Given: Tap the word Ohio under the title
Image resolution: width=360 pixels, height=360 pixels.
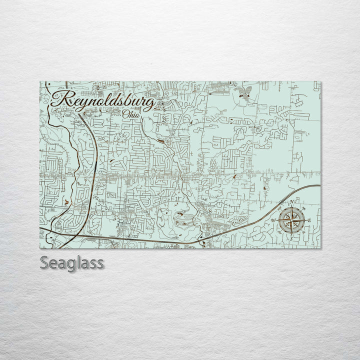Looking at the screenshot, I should coord(131,114).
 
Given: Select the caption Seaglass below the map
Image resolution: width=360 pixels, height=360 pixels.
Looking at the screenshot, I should coord(72,263).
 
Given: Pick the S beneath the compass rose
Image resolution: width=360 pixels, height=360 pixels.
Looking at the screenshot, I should coord(290,238).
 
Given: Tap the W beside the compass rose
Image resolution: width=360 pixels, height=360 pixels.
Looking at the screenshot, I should coord(273,220).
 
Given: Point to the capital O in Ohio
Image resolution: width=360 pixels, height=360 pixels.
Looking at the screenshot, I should coord(125,114).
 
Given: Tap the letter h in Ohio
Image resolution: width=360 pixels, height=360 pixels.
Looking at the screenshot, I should coord(131,114).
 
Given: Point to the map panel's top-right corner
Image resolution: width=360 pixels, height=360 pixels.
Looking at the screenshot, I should coord(320,81).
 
